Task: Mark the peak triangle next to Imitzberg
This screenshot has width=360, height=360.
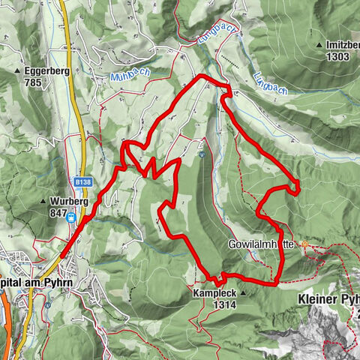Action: tap(320, 46)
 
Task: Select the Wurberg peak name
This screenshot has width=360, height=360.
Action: tap(70, 201)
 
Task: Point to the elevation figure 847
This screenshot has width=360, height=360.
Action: tap(59, 212)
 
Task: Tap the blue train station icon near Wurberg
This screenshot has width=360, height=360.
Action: tap(70, 218)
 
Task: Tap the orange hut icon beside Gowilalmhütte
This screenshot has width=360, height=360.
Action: tap(305, 245)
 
